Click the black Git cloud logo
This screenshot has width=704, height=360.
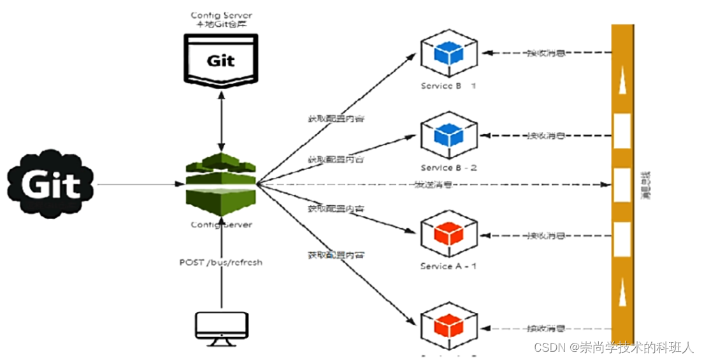click(51, 184)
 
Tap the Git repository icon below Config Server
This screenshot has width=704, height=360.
click(220, 59)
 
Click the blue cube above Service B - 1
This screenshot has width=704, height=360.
click(449, 54)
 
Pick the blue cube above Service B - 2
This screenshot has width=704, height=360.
click(449, 136)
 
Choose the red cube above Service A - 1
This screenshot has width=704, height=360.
click(449, 234)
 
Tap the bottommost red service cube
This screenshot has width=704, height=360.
click(449, 327)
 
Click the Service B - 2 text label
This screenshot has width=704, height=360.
click(449, 168)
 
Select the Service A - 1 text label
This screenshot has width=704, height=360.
click(449, 266)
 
